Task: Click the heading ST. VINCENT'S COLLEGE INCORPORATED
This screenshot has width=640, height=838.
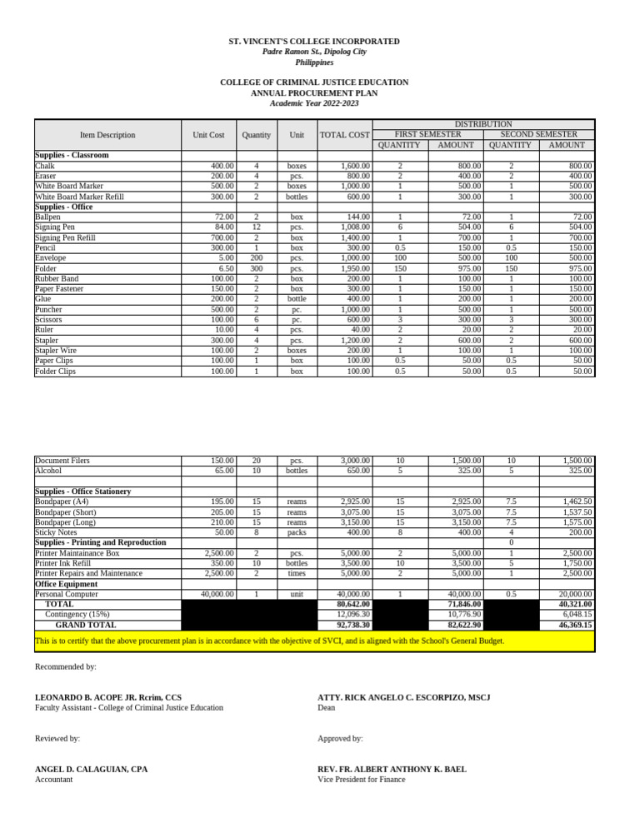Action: [x=314, y=42]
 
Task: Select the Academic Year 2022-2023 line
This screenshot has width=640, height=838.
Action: [x=314, y=103]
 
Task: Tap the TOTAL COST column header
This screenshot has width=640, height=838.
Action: [x=344, y=135]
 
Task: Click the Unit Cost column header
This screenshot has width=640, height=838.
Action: [x=208, y=135]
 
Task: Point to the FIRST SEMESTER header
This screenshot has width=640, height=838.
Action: [x=427, y=134]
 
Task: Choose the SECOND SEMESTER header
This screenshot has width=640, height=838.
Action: [x=538, y=134]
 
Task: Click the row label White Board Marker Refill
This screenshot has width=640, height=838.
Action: [x=79, y=197]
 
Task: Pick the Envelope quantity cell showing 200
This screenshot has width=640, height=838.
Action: [x=256, y=258]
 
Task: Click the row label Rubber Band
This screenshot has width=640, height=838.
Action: [x=57, y=279]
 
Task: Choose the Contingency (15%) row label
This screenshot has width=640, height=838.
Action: [x=77, y=614]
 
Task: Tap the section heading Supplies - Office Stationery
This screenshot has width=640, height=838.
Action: [x=82, y=491]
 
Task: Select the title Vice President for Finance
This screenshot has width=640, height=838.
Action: [x=361, y=780]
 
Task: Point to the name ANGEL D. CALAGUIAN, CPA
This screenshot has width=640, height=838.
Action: [x=91, y=770]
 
